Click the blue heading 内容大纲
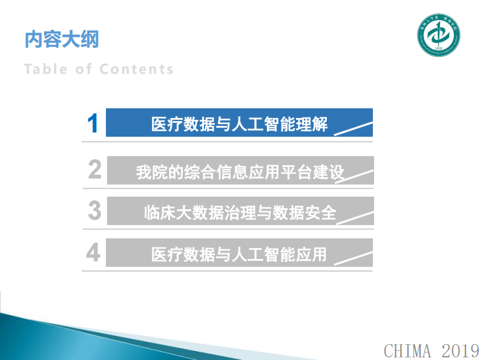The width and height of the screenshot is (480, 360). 61,40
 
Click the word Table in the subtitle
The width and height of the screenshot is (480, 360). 46,69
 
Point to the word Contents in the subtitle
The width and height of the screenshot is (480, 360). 136,69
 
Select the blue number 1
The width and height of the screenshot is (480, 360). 93,123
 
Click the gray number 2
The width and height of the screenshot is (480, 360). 94,170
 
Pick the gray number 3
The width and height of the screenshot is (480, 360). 94,211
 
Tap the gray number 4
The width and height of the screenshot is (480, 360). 93,252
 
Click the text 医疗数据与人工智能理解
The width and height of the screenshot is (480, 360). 239,125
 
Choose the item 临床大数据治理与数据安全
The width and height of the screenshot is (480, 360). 240,212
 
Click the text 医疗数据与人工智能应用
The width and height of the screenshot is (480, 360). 238,254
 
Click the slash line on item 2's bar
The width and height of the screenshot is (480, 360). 355,175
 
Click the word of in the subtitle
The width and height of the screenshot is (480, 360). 84,69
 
